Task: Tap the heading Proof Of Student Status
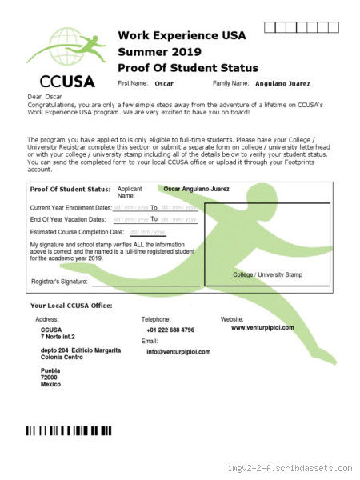point(188,66)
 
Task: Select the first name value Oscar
point(164,83)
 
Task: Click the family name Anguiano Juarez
point(288,83)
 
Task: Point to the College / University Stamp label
point(267,274)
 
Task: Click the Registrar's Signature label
point(58,282)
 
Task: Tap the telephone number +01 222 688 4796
point(170,330)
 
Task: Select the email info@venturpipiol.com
point(178,352)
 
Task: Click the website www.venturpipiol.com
point(262,328)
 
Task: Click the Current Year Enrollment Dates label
point(70,207)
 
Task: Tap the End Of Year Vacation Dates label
point(67,219)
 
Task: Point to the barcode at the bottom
point(69,430)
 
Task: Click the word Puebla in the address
point(51,370)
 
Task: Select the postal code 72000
point(50,378)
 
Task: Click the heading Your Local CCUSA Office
point(70,306)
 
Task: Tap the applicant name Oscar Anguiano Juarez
point(197,189)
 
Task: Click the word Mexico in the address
point(51,385)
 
